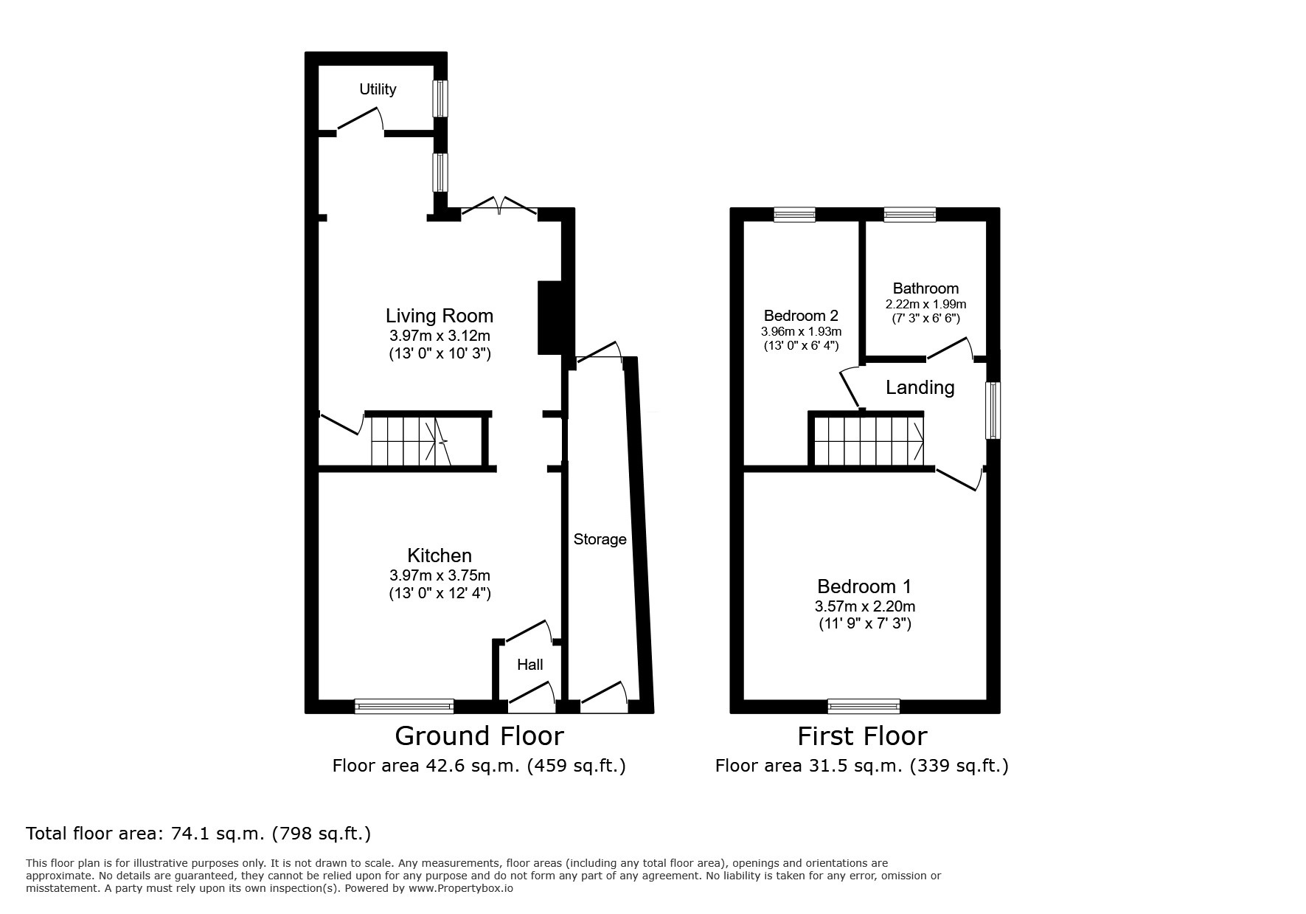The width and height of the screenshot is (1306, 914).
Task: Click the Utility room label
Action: point(378,89)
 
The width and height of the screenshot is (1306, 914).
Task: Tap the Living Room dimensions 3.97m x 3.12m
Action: point(440,336)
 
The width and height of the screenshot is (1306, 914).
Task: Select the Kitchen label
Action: point(440,555)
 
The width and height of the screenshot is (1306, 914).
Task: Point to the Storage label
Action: point(600,539)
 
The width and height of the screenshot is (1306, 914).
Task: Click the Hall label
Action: point(529,665)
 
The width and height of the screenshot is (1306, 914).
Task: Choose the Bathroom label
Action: point(925,288)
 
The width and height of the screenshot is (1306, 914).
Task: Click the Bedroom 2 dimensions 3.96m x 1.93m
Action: point(801,332)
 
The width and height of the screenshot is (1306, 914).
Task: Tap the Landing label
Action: point(920,387)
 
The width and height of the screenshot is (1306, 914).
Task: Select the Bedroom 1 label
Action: point(864,586)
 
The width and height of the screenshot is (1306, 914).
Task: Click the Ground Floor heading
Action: point(479,736)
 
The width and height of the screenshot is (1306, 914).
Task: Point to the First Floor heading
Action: point(861,736)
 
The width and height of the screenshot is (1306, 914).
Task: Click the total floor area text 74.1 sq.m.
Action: point(198,834)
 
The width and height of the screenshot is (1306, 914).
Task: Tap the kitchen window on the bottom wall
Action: point(404,706)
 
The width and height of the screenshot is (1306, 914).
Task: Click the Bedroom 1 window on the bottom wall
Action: point(864,706)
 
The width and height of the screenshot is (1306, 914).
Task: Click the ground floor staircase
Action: point(410,441)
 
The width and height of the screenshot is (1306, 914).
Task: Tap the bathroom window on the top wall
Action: point(909,215)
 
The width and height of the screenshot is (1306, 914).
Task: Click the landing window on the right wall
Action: point(993,410)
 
